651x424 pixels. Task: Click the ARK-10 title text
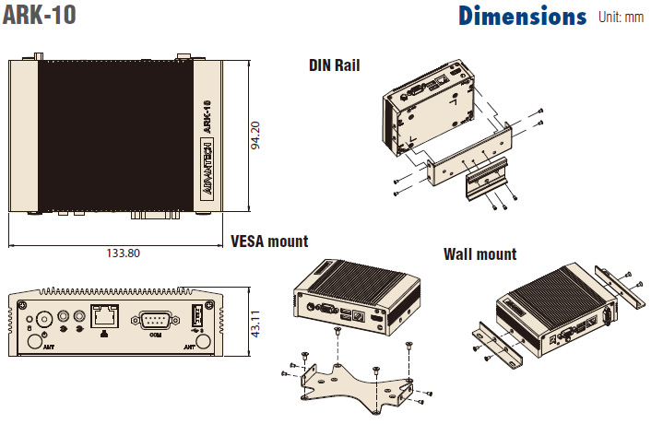coord(40,16)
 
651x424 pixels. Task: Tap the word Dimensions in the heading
coord(522,17)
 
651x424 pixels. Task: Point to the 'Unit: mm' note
coord(621,17)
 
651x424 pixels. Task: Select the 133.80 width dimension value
coord(123,252)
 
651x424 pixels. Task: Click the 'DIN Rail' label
coord(334,65)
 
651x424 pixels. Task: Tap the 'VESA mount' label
coord(269,241)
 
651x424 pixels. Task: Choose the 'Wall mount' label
coord(479,253)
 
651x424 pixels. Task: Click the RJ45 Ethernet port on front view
coord(102,314)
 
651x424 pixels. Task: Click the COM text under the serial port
coord(156,336)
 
